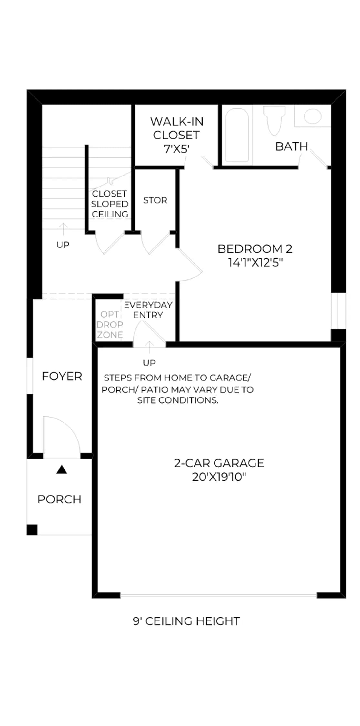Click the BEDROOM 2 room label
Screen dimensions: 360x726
tap(255, 249)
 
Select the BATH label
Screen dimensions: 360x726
tap(292, 146)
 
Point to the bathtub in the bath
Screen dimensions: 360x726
tap(237, 135)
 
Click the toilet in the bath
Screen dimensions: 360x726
tap(274, 120)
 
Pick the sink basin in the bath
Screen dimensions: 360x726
tap(313, 116)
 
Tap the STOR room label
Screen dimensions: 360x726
tap(155, 200)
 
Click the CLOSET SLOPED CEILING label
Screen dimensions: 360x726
tap(110, 204)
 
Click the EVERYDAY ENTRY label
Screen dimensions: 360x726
tap(148, 310)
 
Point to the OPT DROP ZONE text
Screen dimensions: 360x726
tap(110, 325)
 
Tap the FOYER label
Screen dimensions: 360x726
tap(62, 376)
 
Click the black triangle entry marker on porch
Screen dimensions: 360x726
tap(62, 469)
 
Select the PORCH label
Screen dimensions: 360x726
tap(59, 499)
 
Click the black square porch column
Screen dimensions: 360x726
tap(32, 530)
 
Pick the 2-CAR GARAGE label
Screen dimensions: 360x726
tap(219, 463)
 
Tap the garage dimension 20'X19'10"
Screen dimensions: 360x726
tap(219, 477)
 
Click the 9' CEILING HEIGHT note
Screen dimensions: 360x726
tap(186, 621)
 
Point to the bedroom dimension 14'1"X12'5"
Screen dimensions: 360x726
tap(255, 263)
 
